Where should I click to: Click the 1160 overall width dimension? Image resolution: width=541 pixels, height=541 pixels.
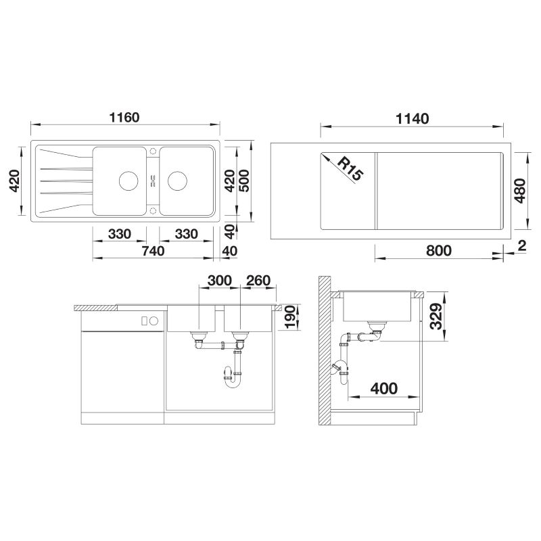pyautogui.click(x=124, y=118)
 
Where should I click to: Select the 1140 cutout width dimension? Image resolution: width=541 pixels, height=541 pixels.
pyautogui.click(x=412, y=119)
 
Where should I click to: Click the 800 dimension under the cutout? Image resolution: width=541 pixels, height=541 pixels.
pyautogui.click(x=438, y=251)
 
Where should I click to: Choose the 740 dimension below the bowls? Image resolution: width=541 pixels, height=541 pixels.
pyautogui.click(x=153, y=251)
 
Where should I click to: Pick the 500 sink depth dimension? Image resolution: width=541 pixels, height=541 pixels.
pyautogui.click(x=244, y=181)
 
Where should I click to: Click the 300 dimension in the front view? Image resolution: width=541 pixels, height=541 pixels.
pyautogui.click(x=219, y=281)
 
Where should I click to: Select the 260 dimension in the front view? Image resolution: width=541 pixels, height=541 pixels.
pyautogui.click(x=258, y=281)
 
